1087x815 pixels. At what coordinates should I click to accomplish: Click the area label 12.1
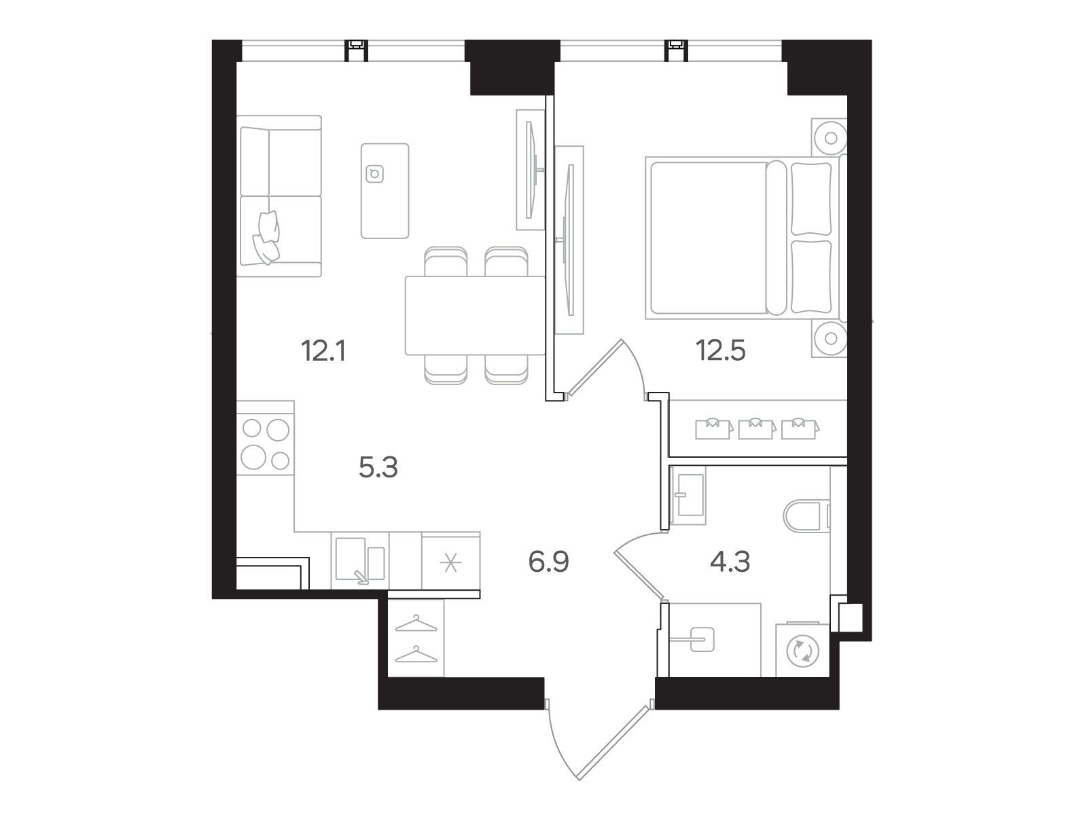pos(323,351)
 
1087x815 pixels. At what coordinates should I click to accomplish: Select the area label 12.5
pos(721,351)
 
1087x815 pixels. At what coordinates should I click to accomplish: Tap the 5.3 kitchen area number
pos(378,468)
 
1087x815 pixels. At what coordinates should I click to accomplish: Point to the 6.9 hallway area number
pos(549,562)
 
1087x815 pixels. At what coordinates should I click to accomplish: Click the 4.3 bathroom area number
pos(730,562)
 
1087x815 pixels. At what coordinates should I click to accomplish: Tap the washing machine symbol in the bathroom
pos(802,650)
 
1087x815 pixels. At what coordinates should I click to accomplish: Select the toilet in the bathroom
pos(806,517)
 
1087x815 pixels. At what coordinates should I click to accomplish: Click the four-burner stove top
pos(265,443)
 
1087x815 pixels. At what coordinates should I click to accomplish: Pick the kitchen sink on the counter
pos(360,560)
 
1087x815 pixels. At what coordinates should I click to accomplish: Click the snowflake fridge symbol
pos(450,562)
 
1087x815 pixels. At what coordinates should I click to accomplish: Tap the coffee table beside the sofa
pos(385,191)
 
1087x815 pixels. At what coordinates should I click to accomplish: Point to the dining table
pos(475,315)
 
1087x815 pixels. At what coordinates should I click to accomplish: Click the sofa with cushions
pos(279,196)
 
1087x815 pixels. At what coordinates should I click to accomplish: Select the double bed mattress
pos(708,238)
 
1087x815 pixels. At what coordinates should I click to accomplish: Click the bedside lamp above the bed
pos(831,138)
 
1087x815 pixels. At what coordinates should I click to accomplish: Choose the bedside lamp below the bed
pos(831,338)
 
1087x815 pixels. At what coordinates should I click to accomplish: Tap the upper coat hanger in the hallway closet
pos(416,624)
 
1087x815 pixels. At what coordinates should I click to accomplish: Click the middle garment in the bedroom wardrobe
pos(755,429)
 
